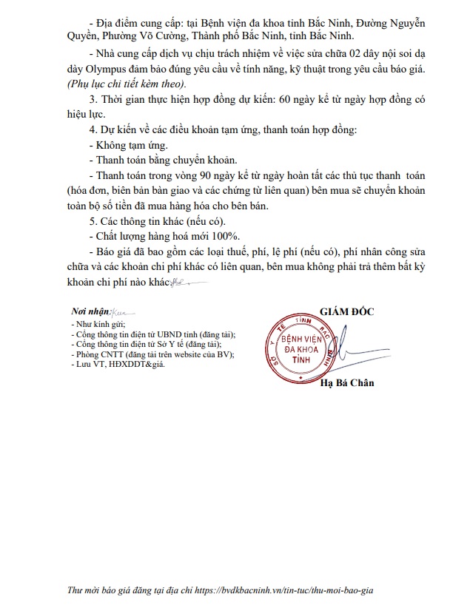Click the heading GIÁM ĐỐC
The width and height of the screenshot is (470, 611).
click(x=347, y=311)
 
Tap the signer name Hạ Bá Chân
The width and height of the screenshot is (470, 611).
click(x=347, y=382)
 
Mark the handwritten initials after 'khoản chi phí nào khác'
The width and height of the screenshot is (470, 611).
click(x=178, y=282)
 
